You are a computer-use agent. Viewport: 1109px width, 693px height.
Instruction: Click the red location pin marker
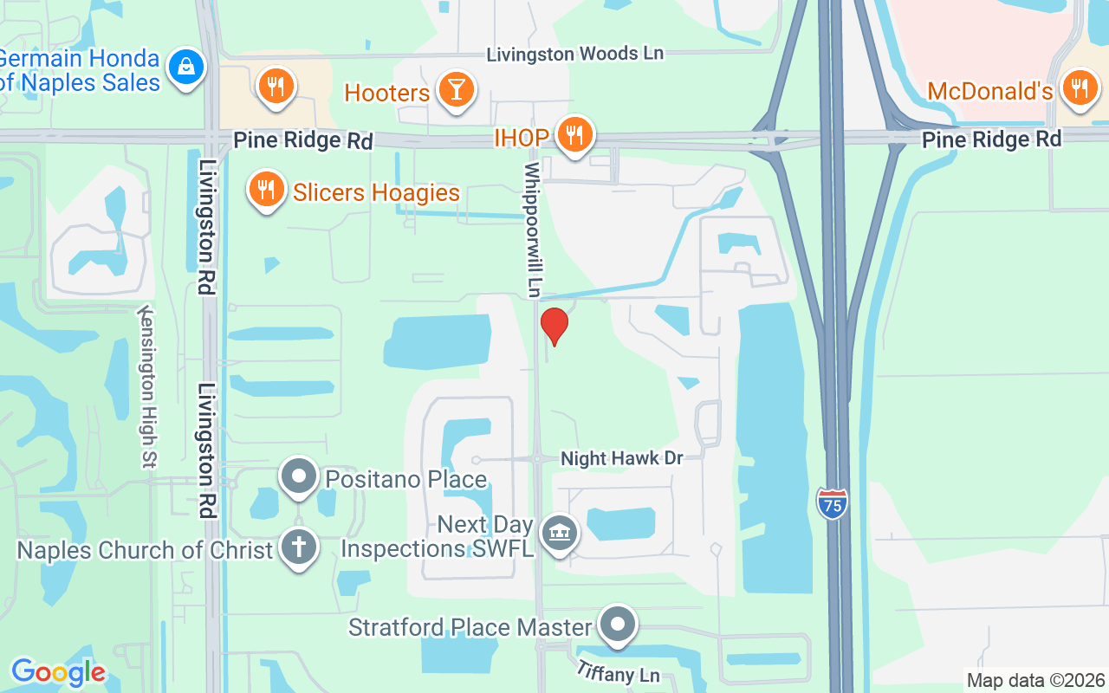pyautogui.click(x=554, y=325)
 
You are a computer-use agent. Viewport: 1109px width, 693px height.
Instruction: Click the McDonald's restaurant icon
pyautogui.click(x=1080, y=88)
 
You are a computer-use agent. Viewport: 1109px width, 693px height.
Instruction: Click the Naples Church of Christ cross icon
pyautogui.click(x=299, y=547)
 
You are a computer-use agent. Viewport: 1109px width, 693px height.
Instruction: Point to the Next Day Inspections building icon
pyautogui.click(x=560, y=533)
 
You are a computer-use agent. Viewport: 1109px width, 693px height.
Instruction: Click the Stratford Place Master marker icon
pyautogui.click(x=618, y=624)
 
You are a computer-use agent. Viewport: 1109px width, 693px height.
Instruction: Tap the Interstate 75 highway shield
pyautogui.click(x=832, y=503)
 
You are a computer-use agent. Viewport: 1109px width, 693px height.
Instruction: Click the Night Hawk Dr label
pyautogui.click(x=622, y=458)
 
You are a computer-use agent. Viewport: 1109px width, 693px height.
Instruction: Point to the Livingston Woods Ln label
pyautogui.click(x=574, y=54)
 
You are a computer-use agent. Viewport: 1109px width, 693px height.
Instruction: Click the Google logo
pyautogui.click(x=58, y=672)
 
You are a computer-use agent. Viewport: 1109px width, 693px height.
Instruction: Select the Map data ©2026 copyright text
pyautogui.click(x=1035, y=680)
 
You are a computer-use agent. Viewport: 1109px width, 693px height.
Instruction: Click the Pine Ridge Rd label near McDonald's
pyautogui.click(x=991, y=139)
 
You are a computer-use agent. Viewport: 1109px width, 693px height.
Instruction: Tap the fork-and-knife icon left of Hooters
pyautogui.click(x=276, y=87)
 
